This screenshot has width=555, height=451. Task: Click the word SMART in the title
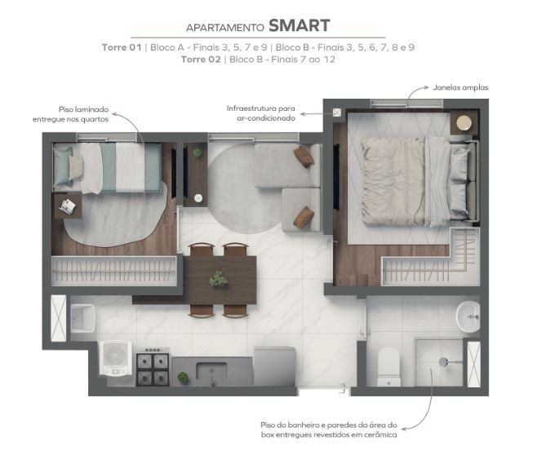[300, 26]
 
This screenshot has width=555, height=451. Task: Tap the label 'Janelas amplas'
[460, 87]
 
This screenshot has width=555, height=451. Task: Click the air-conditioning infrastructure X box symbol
[336, 113]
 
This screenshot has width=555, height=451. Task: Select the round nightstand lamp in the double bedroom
[464, 123]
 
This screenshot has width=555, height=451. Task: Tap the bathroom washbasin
[468, 316]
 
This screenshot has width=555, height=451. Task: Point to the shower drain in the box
[443, 362]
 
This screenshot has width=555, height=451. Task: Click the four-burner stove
[153, 367]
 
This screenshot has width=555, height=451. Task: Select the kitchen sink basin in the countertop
[211, 371]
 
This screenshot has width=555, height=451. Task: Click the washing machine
[114, 358]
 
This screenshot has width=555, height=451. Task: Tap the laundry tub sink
[82, 318]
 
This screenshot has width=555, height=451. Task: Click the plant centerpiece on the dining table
[218, 279]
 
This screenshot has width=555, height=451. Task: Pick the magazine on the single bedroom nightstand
[67, 206]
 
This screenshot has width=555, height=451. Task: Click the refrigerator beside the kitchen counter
[275, 366]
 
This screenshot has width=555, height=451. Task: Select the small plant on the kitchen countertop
[183, 378]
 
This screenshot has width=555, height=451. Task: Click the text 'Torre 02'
[201, 59]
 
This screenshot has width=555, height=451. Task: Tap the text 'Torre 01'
[122, 47]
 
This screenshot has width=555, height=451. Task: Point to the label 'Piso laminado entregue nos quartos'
[70, 114]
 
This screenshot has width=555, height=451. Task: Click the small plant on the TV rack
[197, 153]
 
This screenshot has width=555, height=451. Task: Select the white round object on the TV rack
[198, 198]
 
